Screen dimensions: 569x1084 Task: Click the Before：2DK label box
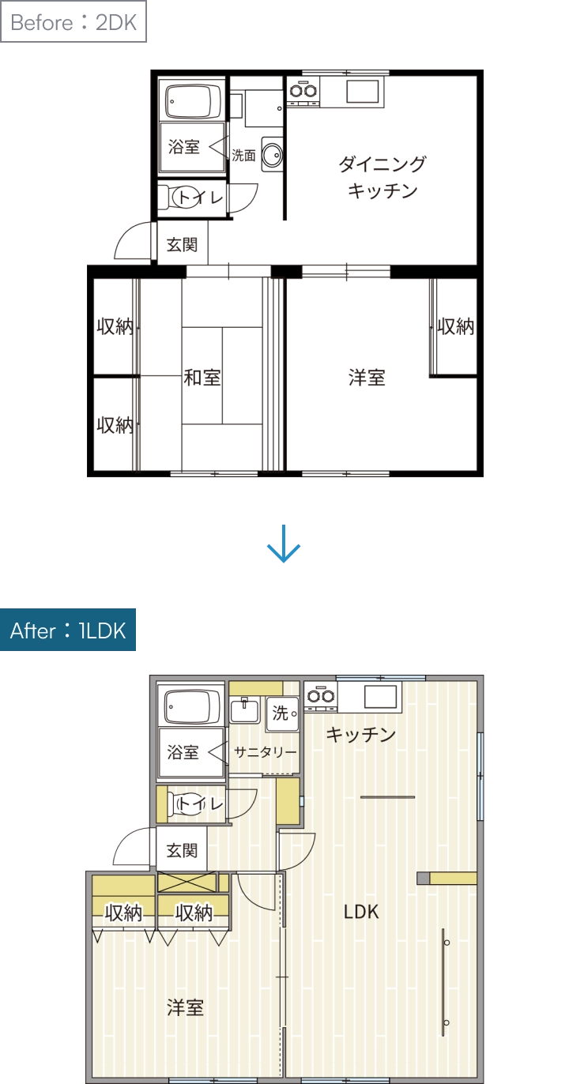click(73, 22)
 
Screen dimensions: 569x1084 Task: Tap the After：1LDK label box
click(68, 630)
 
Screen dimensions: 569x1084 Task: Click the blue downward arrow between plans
click(284, 544)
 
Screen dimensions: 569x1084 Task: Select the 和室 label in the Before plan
click(202, 378)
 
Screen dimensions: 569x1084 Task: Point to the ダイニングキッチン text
click(382, 177)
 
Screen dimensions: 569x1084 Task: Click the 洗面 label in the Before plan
click(243, 156)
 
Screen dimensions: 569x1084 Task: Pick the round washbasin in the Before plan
click(272, 155)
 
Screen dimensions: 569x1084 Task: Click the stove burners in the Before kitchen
click(303, 91)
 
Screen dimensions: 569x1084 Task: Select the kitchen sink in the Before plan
click(363, 92)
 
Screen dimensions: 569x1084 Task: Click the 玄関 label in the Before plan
click(182, 244)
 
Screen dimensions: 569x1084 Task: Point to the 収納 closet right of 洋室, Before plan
click(455, 326)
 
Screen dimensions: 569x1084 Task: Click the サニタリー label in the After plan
click(265, 752)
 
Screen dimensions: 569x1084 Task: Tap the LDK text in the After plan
click(361, 912)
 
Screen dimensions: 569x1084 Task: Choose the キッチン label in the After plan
click(361, 734)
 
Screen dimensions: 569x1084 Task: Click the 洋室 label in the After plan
click(185, 1007)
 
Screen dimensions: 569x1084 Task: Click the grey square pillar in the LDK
click(424, 878)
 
